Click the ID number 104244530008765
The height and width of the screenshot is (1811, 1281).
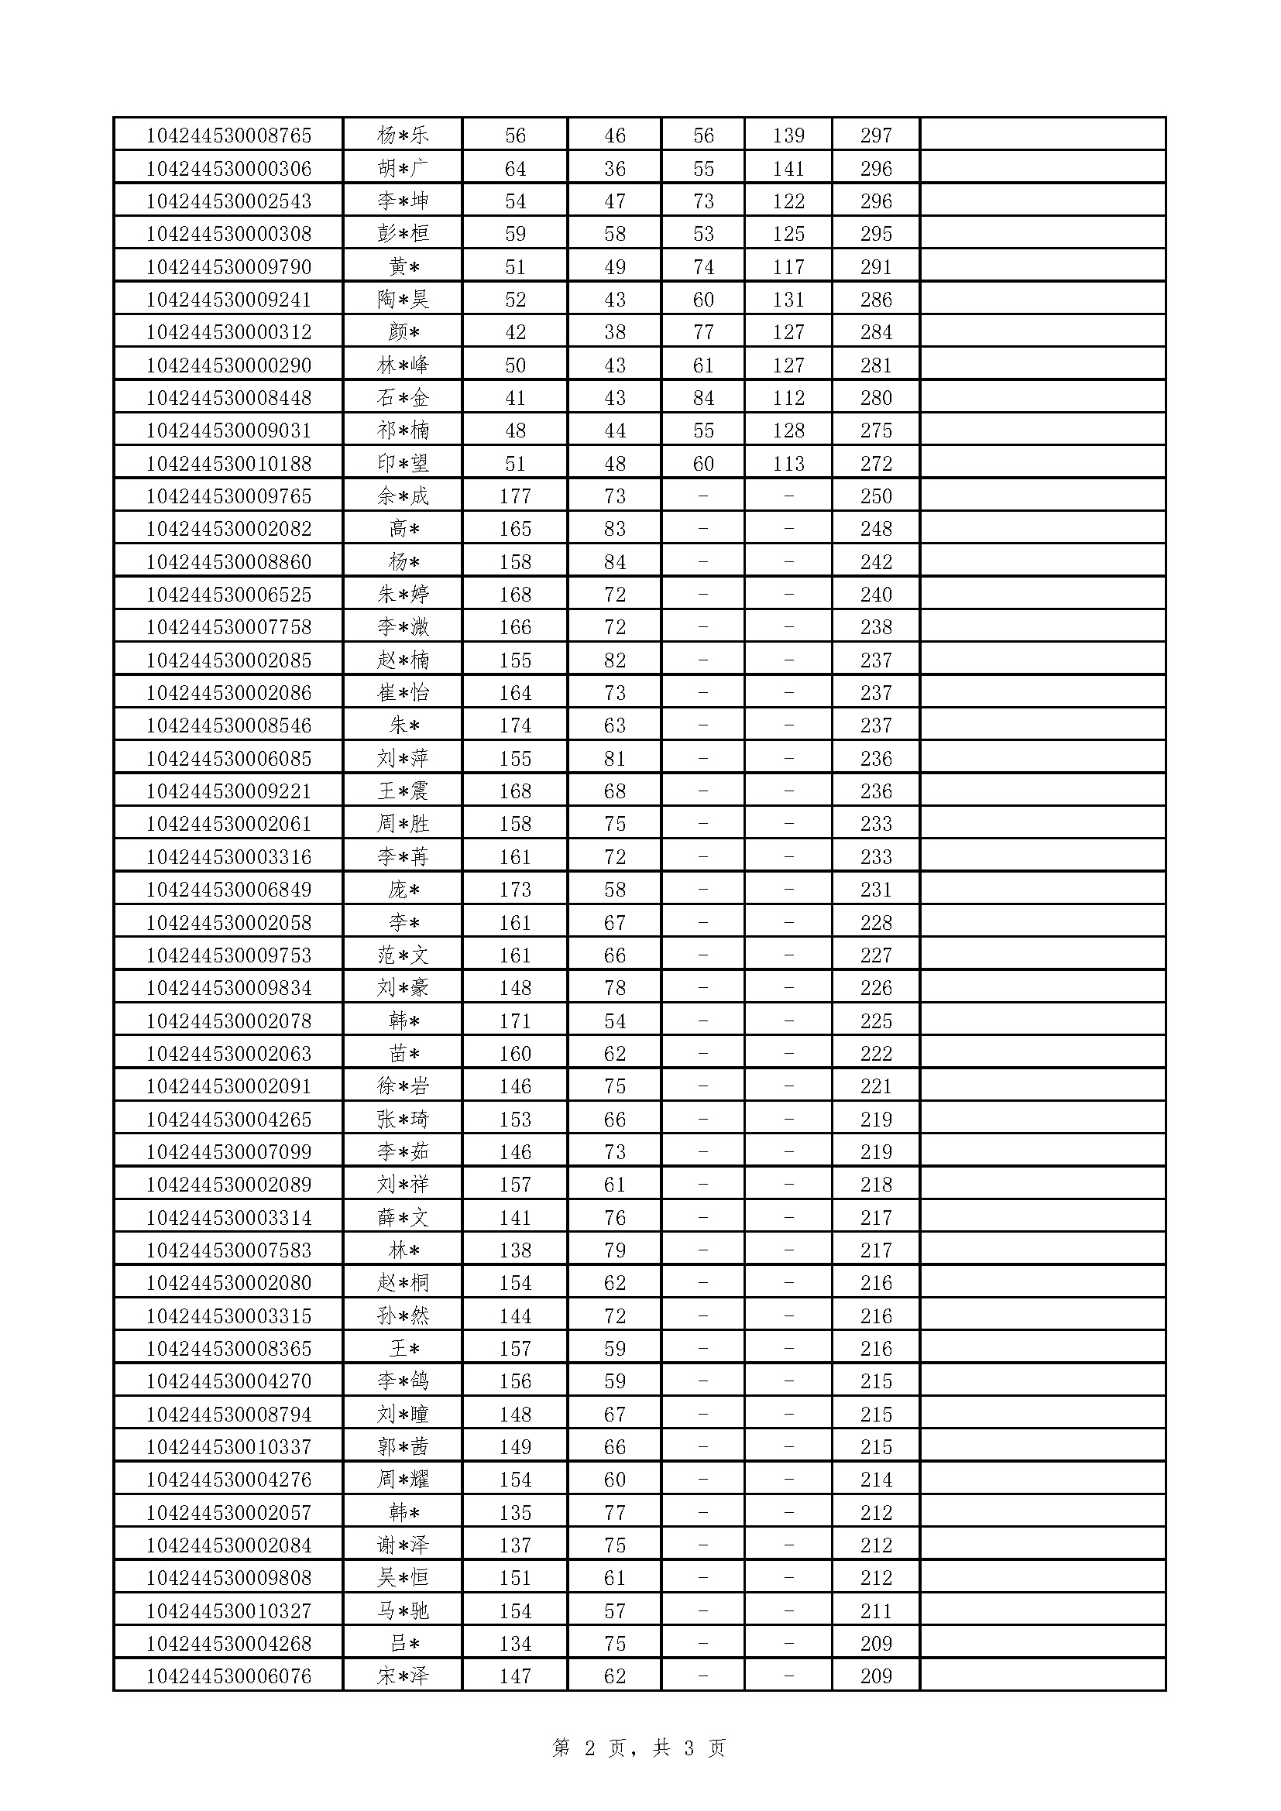[228, 135]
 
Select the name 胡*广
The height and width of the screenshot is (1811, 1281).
[402, 169]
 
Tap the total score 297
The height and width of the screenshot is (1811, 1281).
[876, 135]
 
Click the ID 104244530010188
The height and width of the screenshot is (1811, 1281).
[228, 464]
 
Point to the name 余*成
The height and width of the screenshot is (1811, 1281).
[402, 496]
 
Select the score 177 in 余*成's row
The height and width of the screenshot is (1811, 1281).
[515, 496]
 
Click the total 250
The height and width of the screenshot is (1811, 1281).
[876, 496]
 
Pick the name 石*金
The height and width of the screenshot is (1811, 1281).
[402, 398]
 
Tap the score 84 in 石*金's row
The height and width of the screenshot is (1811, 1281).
[702, 398]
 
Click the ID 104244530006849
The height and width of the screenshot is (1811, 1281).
[228, 890]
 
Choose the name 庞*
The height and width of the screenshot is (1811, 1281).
[402, 890]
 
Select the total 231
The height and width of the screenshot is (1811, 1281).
[876, 890]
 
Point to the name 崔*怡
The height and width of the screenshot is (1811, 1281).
[402, 693]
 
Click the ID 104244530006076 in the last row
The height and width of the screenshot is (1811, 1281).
[228, 1676]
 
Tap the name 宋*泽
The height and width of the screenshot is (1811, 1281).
[402, 1676]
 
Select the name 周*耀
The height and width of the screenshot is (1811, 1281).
[402, 1480]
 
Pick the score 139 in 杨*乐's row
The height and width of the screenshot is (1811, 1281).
[788, 135]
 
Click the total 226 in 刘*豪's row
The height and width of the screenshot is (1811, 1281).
[876, 988]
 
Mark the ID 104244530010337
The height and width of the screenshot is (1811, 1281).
[228, 1447]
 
